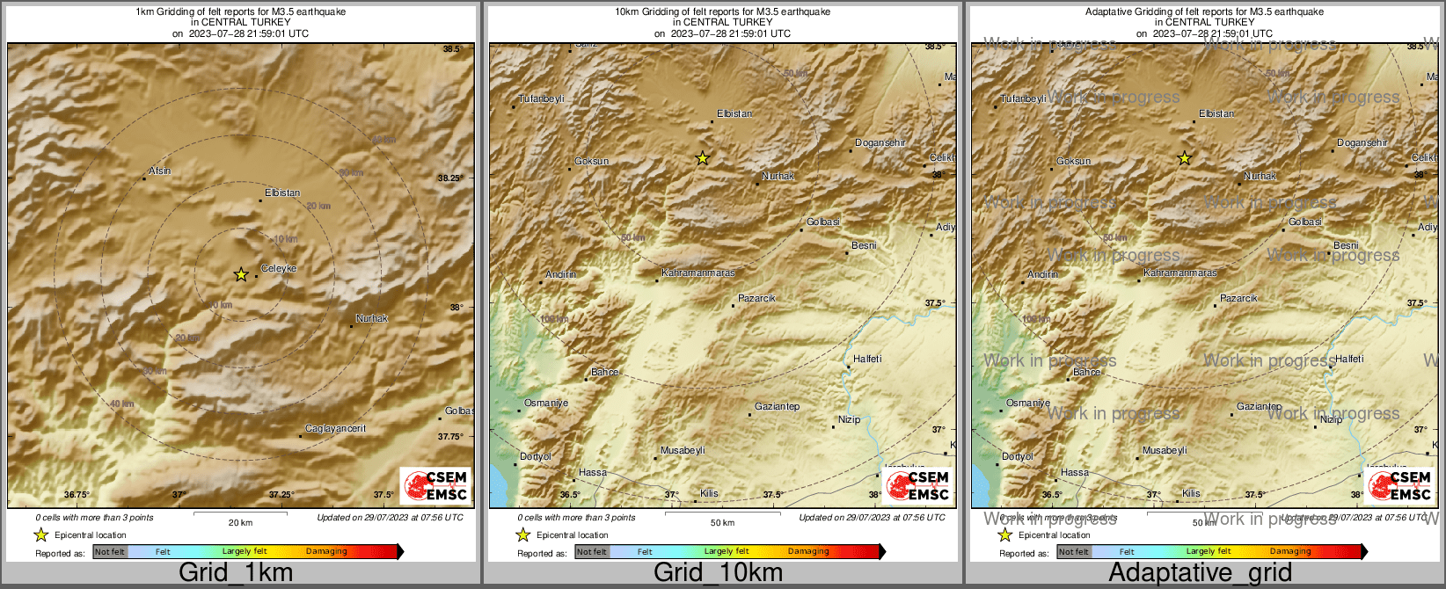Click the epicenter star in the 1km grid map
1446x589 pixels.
241,275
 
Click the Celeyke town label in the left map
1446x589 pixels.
279,268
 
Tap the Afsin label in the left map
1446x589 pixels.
160,171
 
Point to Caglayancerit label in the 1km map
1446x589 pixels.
335,428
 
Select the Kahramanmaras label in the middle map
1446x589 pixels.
697,273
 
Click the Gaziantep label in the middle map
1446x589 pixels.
778,406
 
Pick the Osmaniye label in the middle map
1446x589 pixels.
546,403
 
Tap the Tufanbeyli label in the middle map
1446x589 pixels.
541,98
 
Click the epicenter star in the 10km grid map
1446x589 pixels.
702,159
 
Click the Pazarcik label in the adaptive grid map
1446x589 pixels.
1238,298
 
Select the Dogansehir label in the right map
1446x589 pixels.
1362,142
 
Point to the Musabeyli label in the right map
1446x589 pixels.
1165,450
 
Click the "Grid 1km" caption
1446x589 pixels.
236,573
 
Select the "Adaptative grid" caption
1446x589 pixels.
1200,573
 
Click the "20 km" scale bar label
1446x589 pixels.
240,522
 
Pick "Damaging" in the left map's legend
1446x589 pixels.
326,551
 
